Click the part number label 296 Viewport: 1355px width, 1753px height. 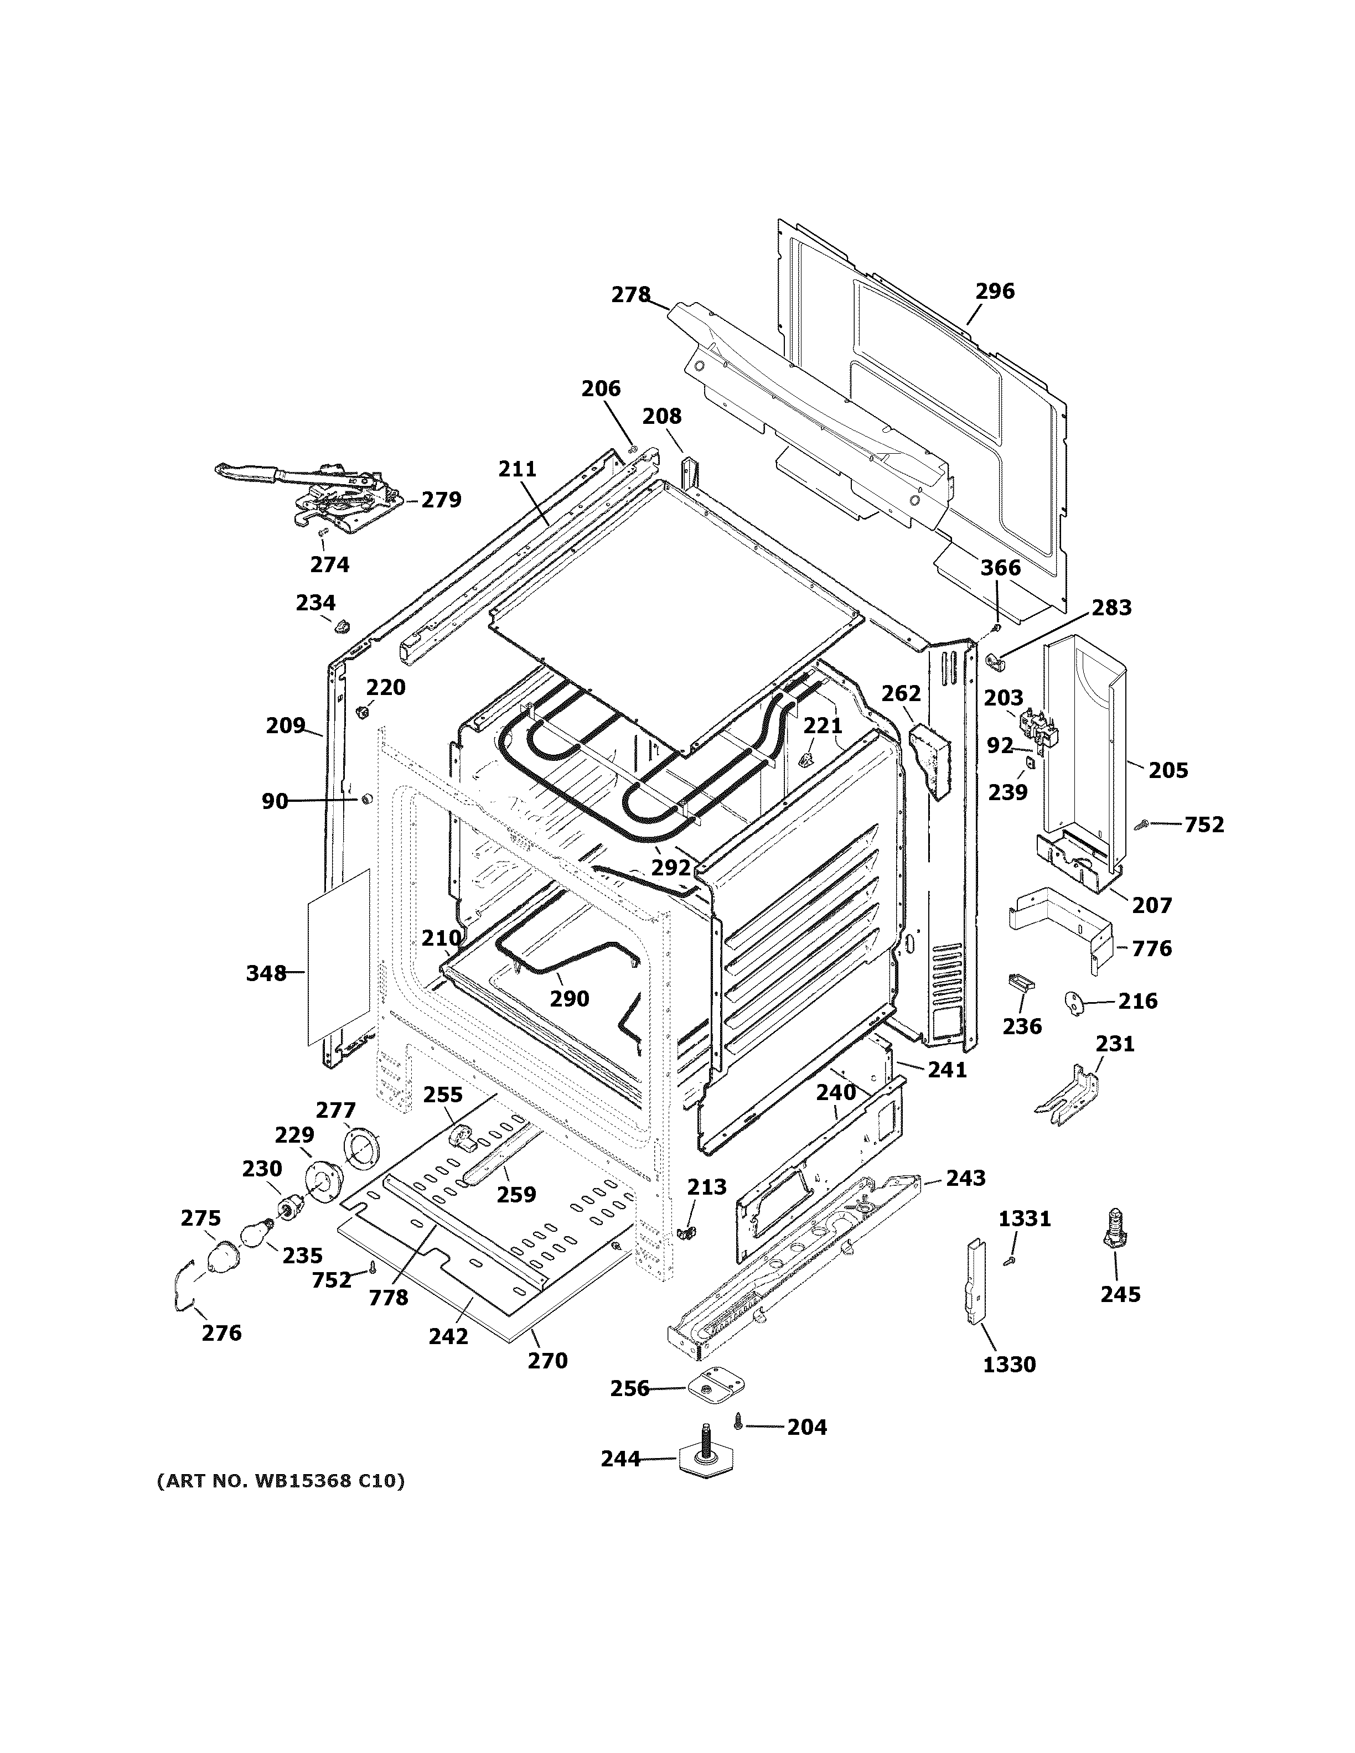[x=995, y=291]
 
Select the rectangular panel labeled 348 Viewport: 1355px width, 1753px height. [x=339, y=957]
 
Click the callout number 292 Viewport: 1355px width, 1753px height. [x=670, y=868]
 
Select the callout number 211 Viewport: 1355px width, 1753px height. [x=517, y=469]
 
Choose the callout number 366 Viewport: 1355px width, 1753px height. [x=1000, y=568]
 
